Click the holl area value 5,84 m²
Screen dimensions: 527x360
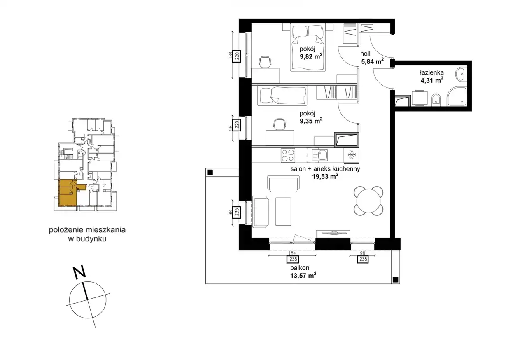tap(373, 61)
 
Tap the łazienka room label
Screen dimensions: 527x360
tap(432, 72)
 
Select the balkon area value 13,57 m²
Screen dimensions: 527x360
tap(303, 275)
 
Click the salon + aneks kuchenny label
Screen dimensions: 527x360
tap(325, 169)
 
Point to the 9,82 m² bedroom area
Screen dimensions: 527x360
tap(311, 57)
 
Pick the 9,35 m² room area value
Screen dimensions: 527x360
tap(311, 121)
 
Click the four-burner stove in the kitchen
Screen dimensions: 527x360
tap(288, 155)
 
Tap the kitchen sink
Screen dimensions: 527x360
tap(320, 156)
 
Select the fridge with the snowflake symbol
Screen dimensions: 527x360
tap(352, 155)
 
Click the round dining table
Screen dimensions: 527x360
tap(368, 201)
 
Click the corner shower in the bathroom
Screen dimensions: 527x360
tap(457, 97)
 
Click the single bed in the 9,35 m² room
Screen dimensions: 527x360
tap(282, 96)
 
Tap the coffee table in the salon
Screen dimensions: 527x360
tap(283, 212)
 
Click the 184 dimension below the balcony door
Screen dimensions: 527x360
tap(292, 253)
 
